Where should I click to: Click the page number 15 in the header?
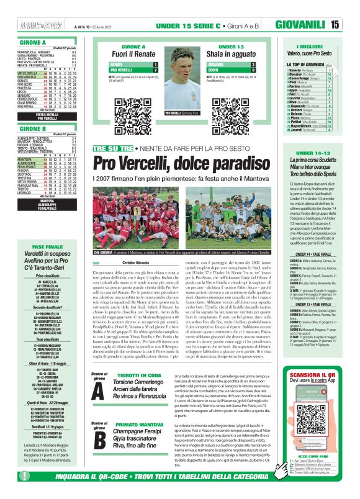351,25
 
